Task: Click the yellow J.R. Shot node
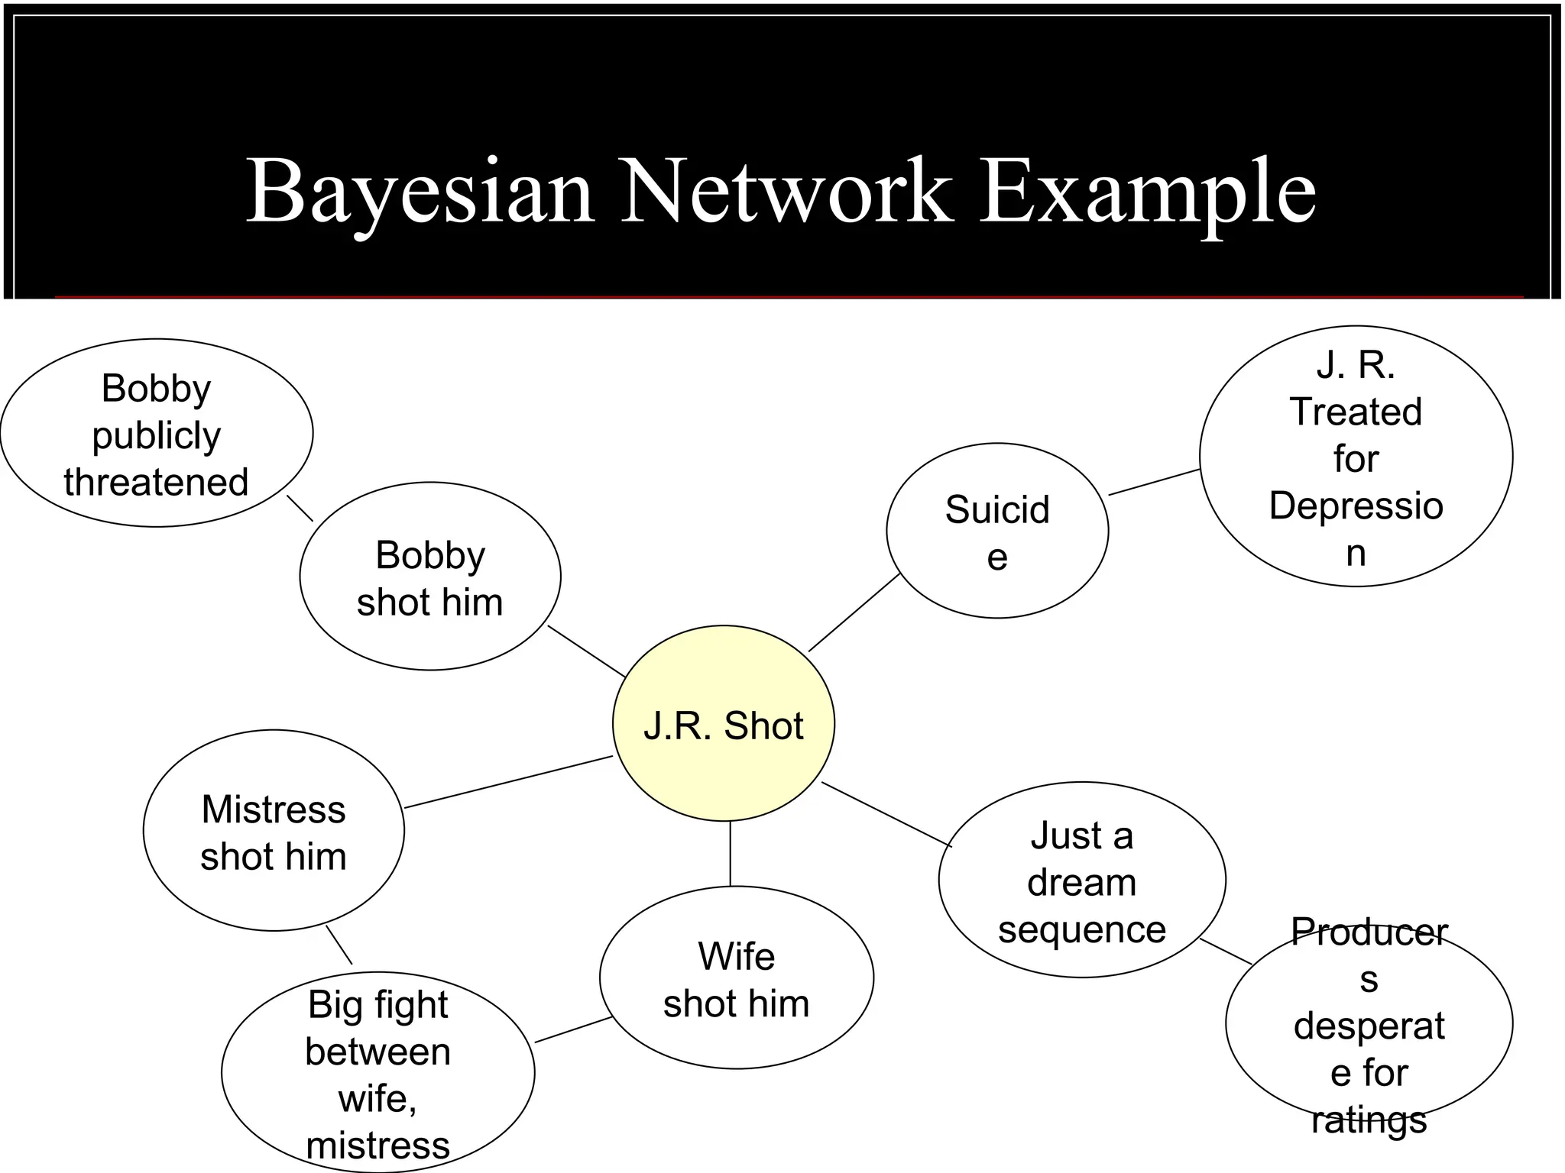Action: [723, 724]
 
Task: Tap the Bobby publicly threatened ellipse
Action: [156, 433]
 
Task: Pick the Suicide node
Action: [996, 532]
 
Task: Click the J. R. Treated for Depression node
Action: [1356, 457]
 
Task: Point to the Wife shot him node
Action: [736, 978]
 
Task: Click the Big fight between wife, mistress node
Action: [377, 1073]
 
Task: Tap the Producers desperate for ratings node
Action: [1369, 1024]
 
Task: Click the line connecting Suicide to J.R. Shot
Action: [854, 612]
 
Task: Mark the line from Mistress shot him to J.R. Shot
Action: [508, 781]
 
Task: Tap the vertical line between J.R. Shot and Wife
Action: [730, 854]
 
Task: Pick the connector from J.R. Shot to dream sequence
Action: [886, 814]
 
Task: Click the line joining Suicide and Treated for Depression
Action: [1154, 482]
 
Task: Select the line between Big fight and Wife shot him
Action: [572, 1029]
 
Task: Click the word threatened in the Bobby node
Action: [156, 483]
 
